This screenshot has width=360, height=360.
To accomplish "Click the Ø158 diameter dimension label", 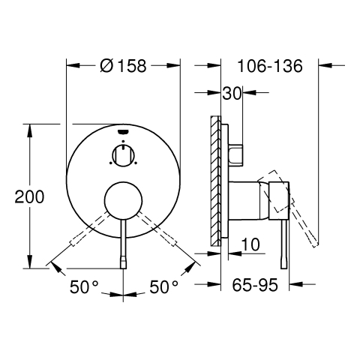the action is pyautogui.click(x=123, y=66).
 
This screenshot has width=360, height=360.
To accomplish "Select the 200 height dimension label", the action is pyautogui.click(x=29, y=196).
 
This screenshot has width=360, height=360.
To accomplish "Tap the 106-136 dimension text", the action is pyautogui.click(x=270, y=66).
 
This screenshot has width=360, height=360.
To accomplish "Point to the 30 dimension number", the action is pyautogui.click(x=232, y=93).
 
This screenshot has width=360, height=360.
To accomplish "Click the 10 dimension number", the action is pyautogui.click(x=250, y=244).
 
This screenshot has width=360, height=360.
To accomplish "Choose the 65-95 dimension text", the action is pyautogui.click(x=255, y=285).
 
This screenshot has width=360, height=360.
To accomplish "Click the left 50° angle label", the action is pyautogui.click(x=84, y=286).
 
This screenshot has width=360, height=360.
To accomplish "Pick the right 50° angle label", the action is pyautogui.click(x=163, y=286).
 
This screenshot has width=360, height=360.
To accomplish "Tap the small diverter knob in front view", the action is pyautogui.click(x=123, y=155).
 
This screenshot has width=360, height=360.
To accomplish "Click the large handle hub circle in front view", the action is pyautogui.click(x=123, y=202).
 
